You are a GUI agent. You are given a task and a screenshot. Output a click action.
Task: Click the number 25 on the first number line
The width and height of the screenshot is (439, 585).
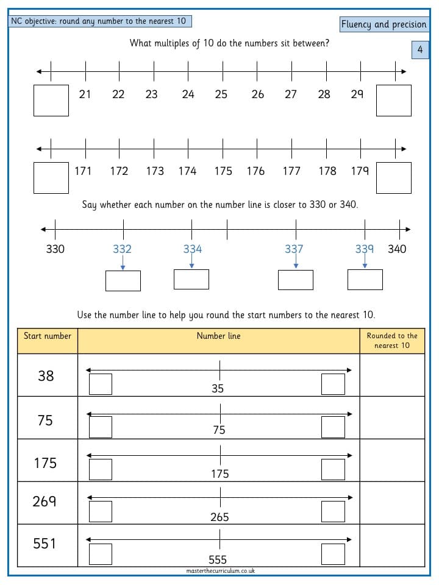tap(221, 94)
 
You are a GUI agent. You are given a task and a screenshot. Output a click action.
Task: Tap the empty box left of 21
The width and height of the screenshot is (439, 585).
tap(51, 101)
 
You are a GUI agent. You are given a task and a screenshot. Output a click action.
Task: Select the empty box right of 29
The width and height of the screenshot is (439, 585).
tap(393, 101)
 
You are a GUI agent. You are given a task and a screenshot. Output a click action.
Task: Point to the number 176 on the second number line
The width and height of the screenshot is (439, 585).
tap(255, 171)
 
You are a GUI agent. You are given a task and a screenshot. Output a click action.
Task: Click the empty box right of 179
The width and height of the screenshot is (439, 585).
tap(393, 177)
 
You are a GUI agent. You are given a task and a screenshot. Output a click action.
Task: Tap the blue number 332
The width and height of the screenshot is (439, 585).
tap(122, 249)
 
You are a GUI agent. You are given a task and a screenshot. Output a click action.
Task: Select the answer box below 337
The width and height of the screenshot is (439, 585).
tap(296, 280)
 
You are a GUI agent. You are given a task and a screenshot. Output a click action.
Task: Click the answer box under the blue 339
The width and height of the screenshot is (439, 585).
tap(365, 280)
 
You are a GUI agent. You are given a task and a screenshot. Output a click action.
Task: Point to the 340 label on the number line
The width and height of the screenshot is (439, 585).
tap(397, 249)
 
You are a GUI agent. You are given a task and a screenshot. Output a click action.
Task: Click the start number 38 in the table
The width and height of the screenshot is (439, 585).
tap(46, 376)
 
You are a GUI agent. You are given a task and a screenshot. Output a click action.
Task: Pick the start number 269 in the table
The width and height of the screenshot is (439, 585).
tap(45, 501)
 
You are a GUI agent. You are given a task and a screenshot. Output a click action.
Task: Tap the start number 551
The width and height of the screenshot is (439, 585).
tap(45, 543)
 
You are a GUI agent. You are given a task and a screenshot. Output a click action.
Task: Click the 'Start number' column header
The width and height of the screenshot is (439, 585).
tap(48, 336)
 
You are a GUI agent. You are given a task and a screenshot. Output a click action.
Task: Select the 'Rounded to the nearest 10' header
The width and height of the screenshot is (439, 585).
tap(392, 340)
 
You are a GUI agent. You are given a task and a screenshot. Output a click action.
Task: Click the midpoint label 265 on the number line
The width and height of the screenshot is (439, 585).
tap(220, 517)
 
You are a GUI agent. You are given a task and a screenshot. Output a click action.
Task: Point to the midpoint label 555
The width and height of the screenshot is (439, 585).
tap(218, 559)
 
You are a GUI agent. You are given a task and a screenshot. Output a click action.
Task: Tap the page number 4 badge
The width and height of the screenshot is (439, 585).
tap(420, 49)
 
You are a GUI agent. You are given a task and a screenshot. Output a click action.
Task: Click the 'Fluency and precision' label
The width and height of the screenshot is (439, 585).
tap(384, 24)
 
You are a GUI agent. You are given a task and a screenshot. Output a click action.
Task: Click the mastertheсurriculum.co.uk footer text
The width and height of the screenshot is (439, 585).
tap(221, 570)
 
